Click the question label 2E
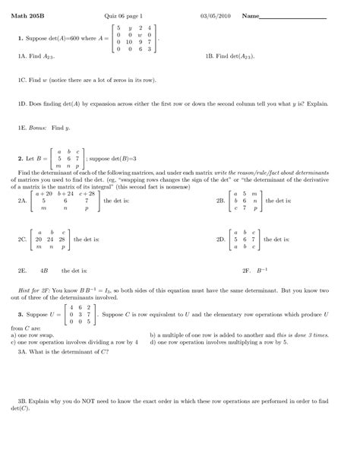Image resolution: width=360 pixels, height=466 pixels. coord(22,270)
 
